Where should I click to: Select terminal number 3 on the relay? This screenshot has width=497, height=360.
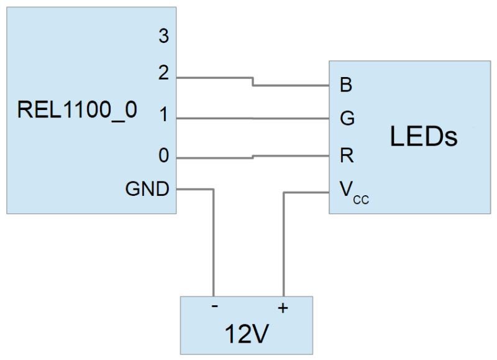(163, 37)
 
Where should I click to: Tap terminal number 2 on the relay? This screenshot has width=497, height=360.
(163, 74)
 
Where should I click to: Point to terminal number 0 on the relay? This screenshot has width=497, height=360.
(163, 156)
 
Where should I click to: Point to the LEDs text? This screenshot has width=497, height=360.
(424, 136)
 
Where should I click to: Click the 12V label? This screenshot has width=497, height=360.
(246, 335)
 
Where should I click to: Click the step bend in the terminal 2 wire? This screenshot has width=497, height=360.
(252, 81)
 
